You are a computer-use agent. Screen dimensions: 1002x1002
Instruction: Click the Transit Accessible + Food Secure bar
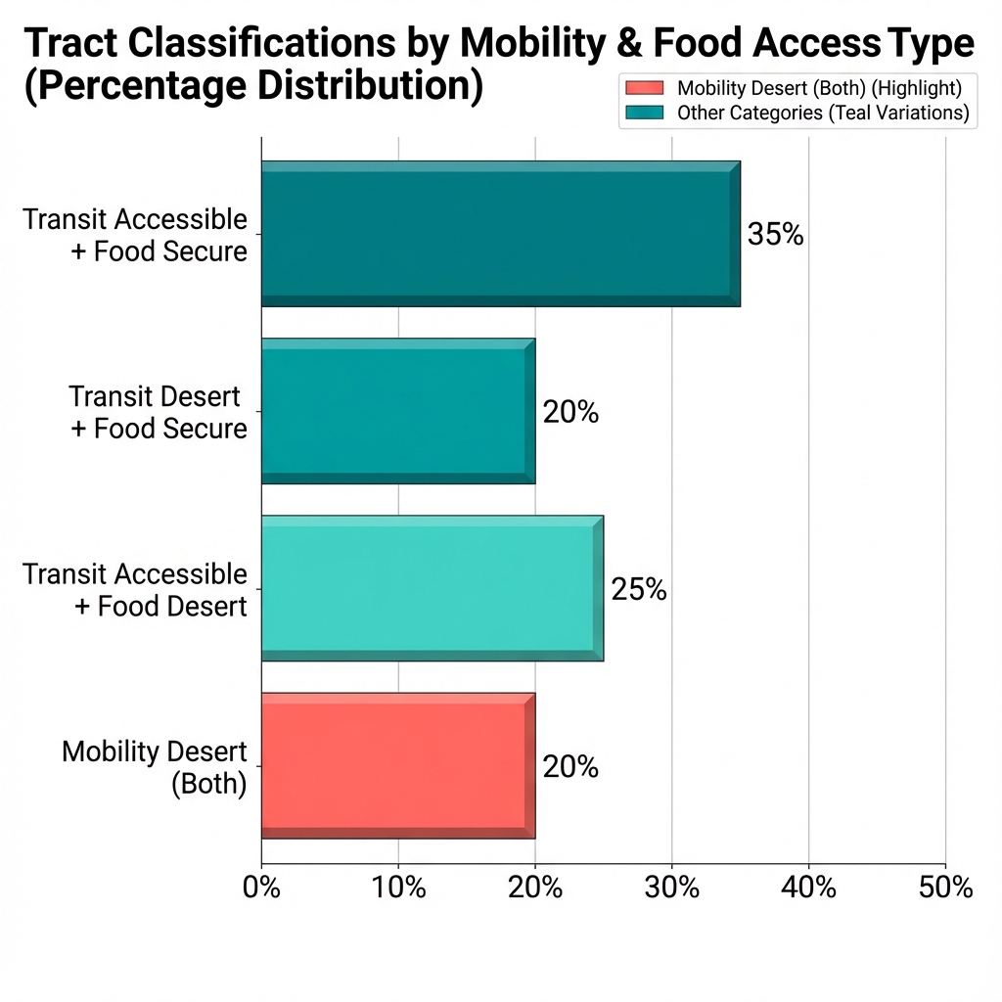pos(500,234)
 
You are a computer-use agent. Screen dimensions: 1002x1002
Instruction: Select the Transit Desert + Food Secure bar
pos(397,411)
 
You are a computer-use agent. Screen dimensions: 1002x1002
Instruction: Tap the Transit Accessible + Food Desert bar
pos(432,588)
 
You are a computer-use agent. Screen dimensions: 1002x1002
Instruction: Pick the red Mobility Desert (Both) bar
pos(397,765)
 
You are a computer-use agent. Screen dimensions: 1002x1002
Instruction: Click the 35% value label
pos(775,235)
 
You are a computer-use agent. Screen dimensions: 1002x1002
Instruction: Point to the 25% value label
pos(639,589)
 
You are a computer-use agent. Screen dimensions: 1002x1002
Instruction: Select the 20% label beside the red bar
pos(570,766)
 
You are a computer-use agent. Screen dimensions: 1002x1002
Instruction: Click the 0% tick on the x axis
pos(261,888)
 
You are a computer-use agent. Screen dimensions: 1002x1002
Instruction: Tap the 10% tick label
pos(398,888)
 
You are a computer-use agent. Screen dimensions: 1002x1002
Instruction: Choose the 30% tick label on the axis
pos(671,888)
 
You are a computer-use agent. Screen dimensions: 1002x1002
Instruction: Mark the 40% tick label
pos(808,888)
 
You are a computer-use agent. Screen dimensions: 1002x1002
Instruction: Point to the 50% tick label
pos(945,888)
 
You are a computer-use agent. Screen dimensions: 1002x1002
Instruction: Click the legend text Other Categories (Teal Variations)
pos(822,113)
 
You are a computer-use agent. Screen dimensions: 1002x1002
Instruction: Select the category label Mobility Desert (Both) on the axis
pos(154,767)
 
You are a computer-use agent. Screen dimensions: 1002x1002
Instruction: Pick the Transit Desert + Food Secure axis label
pos(158,412)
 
